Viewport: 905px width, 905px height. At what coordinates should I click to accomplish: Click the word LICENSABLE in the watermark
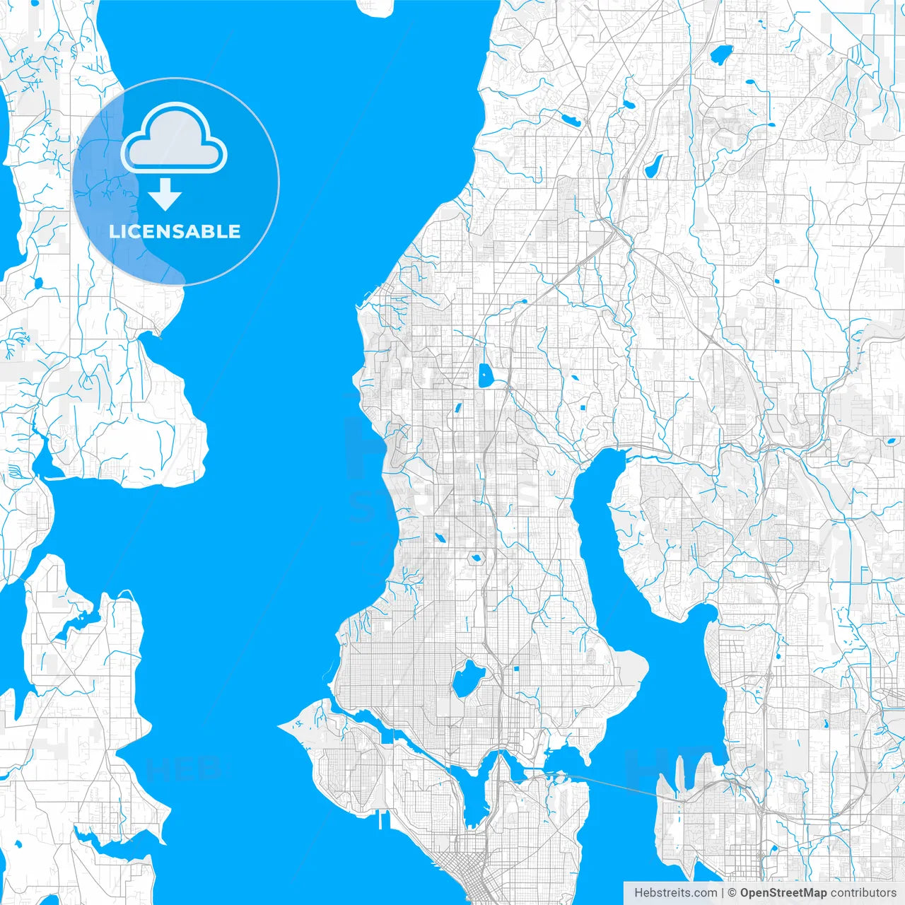coord(175,231)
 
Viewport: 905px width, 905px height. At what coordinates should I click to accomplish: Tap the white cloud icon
coord(174,139)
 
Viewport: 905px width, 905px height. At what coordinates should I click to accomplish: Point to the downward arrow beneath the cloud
coord(165,194)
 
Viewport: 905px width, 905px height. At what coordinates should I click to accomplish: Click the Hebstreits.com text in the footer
coord(675,893)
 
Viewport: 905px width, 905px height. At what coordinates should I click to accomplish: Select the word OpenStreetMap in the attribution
coord(783,893)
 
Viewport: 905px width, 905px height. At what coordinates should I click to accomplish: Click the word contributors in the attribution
coord(863,893)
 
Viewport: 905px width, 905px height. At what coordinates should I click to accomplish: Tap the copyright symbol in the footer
coord(732,893)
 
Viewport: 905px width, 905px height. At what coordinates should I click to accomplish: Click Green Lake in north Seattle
coord(467,679)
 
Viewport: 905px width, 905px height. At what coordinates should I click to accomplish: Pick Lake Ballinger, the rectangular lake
coord(484,375)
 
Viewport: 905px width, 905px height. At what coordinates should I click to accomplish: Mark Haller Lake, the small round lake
coord(476,559)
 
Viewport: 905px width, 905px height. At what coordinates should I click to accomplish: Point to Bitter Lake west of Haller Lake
coord(439,538)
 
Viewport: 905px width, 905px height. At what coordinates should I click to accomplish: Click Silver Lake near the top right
coord(722,54)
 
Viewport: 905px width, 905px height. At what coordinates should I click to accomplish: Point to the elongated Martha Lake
coord(653,165)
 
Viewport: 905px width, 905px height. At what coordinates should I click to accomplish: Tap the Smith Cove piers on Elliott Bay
coord(386,820)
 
